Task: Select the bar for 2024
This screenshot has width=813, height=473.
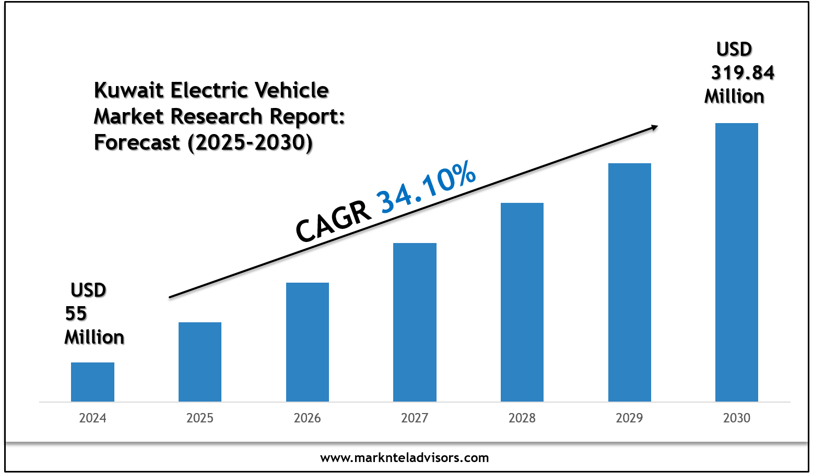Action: [x=92, y=382]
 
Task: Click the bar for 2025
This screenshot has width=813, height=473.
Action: [x=200, y=362]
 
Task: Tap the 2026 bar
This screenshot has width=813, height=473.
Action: [x=308, y=342]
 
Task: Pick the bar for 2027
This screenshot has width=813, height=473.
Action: [x=415, y=322]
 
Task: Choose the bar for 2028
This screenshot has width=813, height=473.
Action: [x=522, y=302]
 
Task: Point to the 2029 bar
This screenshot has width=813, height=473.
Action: [x=630, y=282]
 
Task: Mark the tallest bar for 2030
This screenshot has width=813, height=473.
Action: [x=737, y=262]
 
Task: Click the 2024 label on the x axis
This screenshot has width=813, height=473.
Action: [x=92, y=418]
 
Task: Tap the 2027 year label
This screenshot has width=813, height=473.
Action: [x=415, y=418]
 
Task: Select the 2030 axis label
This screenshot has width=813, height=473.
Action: [x=737, y=418]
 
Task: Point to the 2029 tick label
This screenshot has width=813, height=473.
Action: [x=630, y=418]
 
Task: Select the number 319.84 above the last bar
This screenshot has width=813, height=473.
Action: [x=743, y=73]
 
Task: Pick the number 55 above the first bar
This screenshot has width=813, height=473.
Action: [x=76, y=314]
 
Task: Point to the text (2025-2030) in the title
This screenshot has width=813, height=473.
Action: [x=250, y=142]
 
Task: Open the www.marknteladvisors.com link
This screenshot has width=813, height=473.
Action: [x=405, y=458]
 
